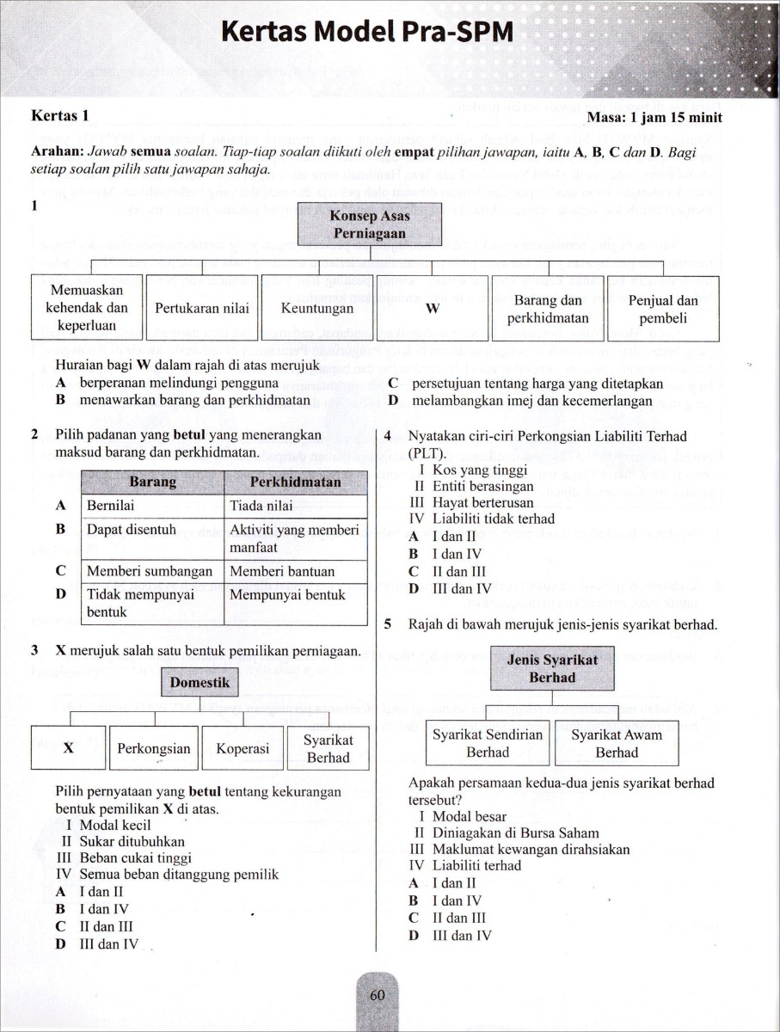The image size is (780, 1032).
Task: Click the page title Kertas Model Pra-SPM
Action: [x=367, y=33]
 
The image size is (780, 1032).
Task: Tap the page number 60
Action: [x=377, y=996]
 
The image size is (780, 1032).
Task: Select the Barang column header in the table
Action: [x=152, y=482]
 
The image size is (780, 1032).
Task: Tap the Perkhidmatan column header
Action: [x=295, y=482]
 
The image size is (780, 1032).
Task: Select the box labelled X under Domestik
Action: [x=68, y=748]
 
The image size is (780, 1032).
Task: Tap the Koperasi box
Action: [x=243, y=748]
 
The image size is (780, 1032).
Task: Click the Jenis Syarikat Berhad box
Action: [x=553, y=668]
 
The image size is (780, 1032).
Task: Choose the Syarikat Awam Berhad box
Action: [x=617, y=743]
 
